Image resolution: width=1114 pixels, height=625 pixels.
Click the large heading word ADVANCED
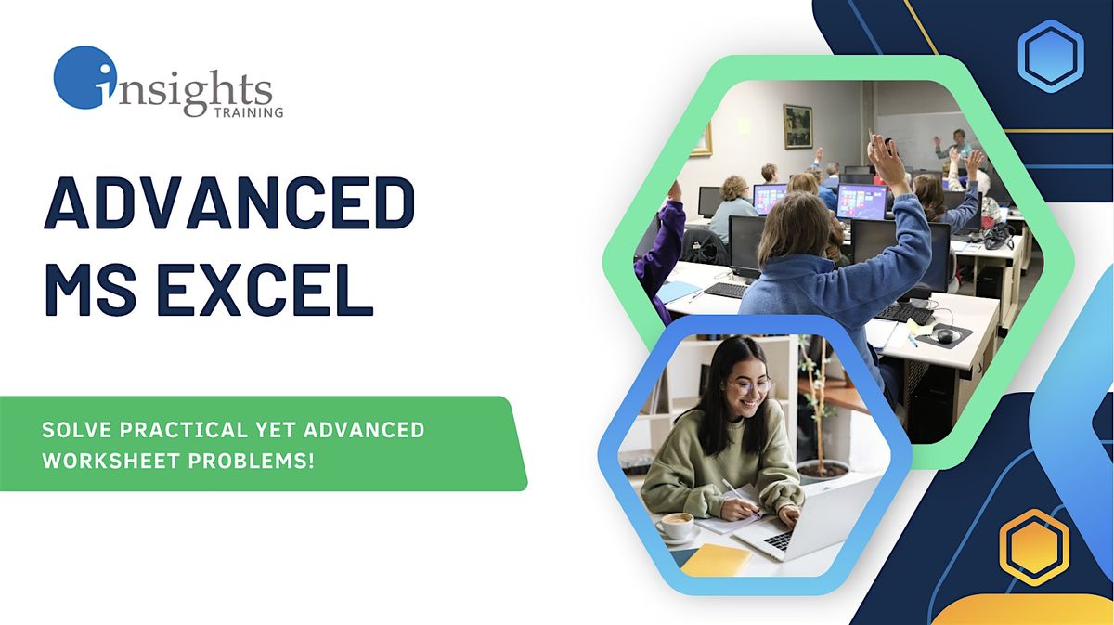coord(229,205)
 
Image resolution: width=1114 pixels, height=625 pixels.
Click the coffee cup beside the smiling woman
coord(675,527)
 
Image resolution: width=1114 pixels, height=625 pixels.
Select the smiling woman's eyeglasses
coord(750,384)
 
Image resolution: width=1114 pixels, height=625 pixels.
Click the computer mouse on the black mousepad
coord(944,335)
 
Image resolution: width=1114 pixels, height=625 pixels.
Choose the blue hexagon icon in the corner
coord(1051,55)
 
